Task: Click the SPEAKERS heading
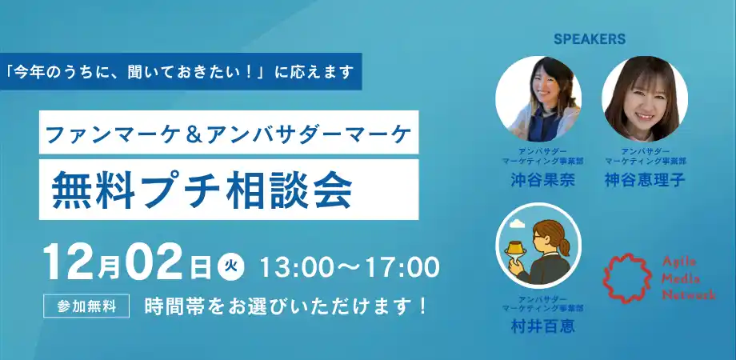tap(589, 38)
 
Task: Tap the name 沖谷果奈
tap(538, 182)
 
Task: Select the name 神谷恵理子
tap(645, 182)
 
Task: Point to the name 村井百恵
tap(538, 327)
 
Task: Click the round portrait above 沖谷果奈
tap(538, 98)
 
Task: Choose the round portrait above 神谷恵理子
tap(645, 98)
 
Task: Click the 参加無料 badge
tap(88, 306)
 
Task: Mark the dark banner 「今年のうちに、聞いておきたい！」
tap(181, 71)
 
